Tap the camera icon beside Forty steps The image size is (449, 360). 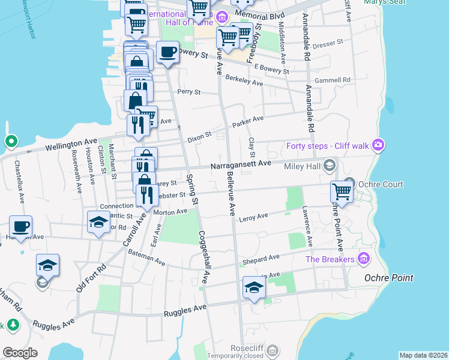378,145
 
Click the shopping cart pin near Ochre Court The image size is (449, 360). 342,193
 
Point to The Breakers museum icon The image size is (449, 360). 363,259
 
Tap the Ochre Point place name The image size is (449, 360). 388,278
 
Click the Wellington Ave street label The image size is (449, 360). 70,145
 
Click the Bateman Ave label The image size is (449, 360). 146,258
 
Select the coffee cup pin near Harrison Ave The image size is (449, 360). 21,227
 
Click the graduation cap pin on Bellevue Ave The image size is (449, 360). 254,288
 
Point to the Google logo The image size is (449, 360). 20,352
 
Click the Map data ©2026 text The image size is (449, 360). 423,355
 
